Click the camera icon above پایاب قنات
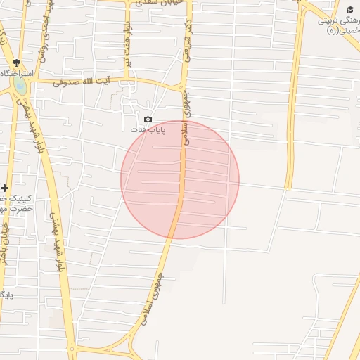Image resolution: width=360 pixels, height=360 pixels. coord(148,120)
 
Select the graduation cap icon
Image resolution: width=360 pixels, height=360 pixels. coord(350,9)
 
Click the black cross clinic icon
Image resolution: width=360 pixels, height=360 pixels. coord(5,188)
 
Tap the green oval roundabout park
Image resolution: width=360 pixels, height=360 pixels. coord(20,85)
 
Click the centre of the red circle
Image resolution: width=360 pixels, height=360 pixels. coord(180,179)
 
